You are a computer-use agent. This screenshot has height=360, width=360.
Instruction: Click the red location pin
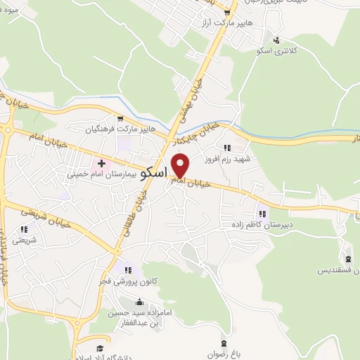[181, 165]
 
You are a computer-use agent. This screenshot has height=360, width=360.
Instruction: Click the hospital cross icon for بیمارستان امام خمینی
[102, 162]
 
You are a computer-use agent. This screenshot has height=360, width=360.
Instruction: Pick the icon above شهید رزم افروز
[226, 148]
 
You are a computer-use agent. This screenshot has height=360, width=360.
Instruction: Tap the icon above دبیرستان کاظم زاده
[262, 214]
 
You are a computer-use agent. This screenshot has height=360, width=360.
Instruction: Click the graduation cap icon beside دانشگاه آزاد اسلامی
[100, 349]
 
